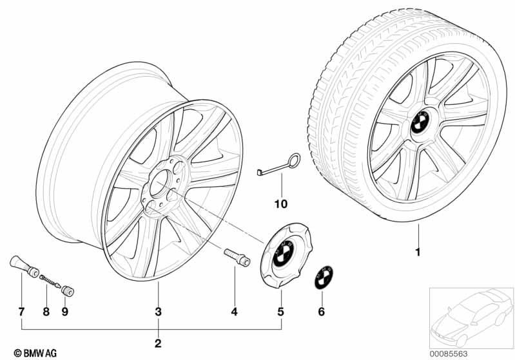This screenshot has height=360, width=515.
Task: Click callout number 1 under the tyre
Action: click(417, 252)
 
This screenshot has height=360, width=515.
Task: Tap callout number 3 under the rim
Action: click(158, 312)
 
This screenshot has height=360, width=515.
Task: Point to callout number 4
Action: click(234, 312)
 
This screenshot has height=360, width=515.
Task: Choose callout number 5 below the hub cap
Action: click(280, 312)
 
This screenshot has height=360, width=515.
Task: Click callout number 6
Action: click(322, 312)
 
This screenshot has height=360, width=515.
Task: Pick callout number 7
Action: click(21, 312)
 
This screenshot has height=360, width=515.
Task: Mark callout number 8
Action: click(46, 312)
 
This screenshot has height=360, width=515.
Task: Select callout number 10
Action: click(279, 204)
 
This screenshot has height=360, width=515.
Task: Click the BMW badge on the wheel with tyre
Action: click(416, 124)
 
